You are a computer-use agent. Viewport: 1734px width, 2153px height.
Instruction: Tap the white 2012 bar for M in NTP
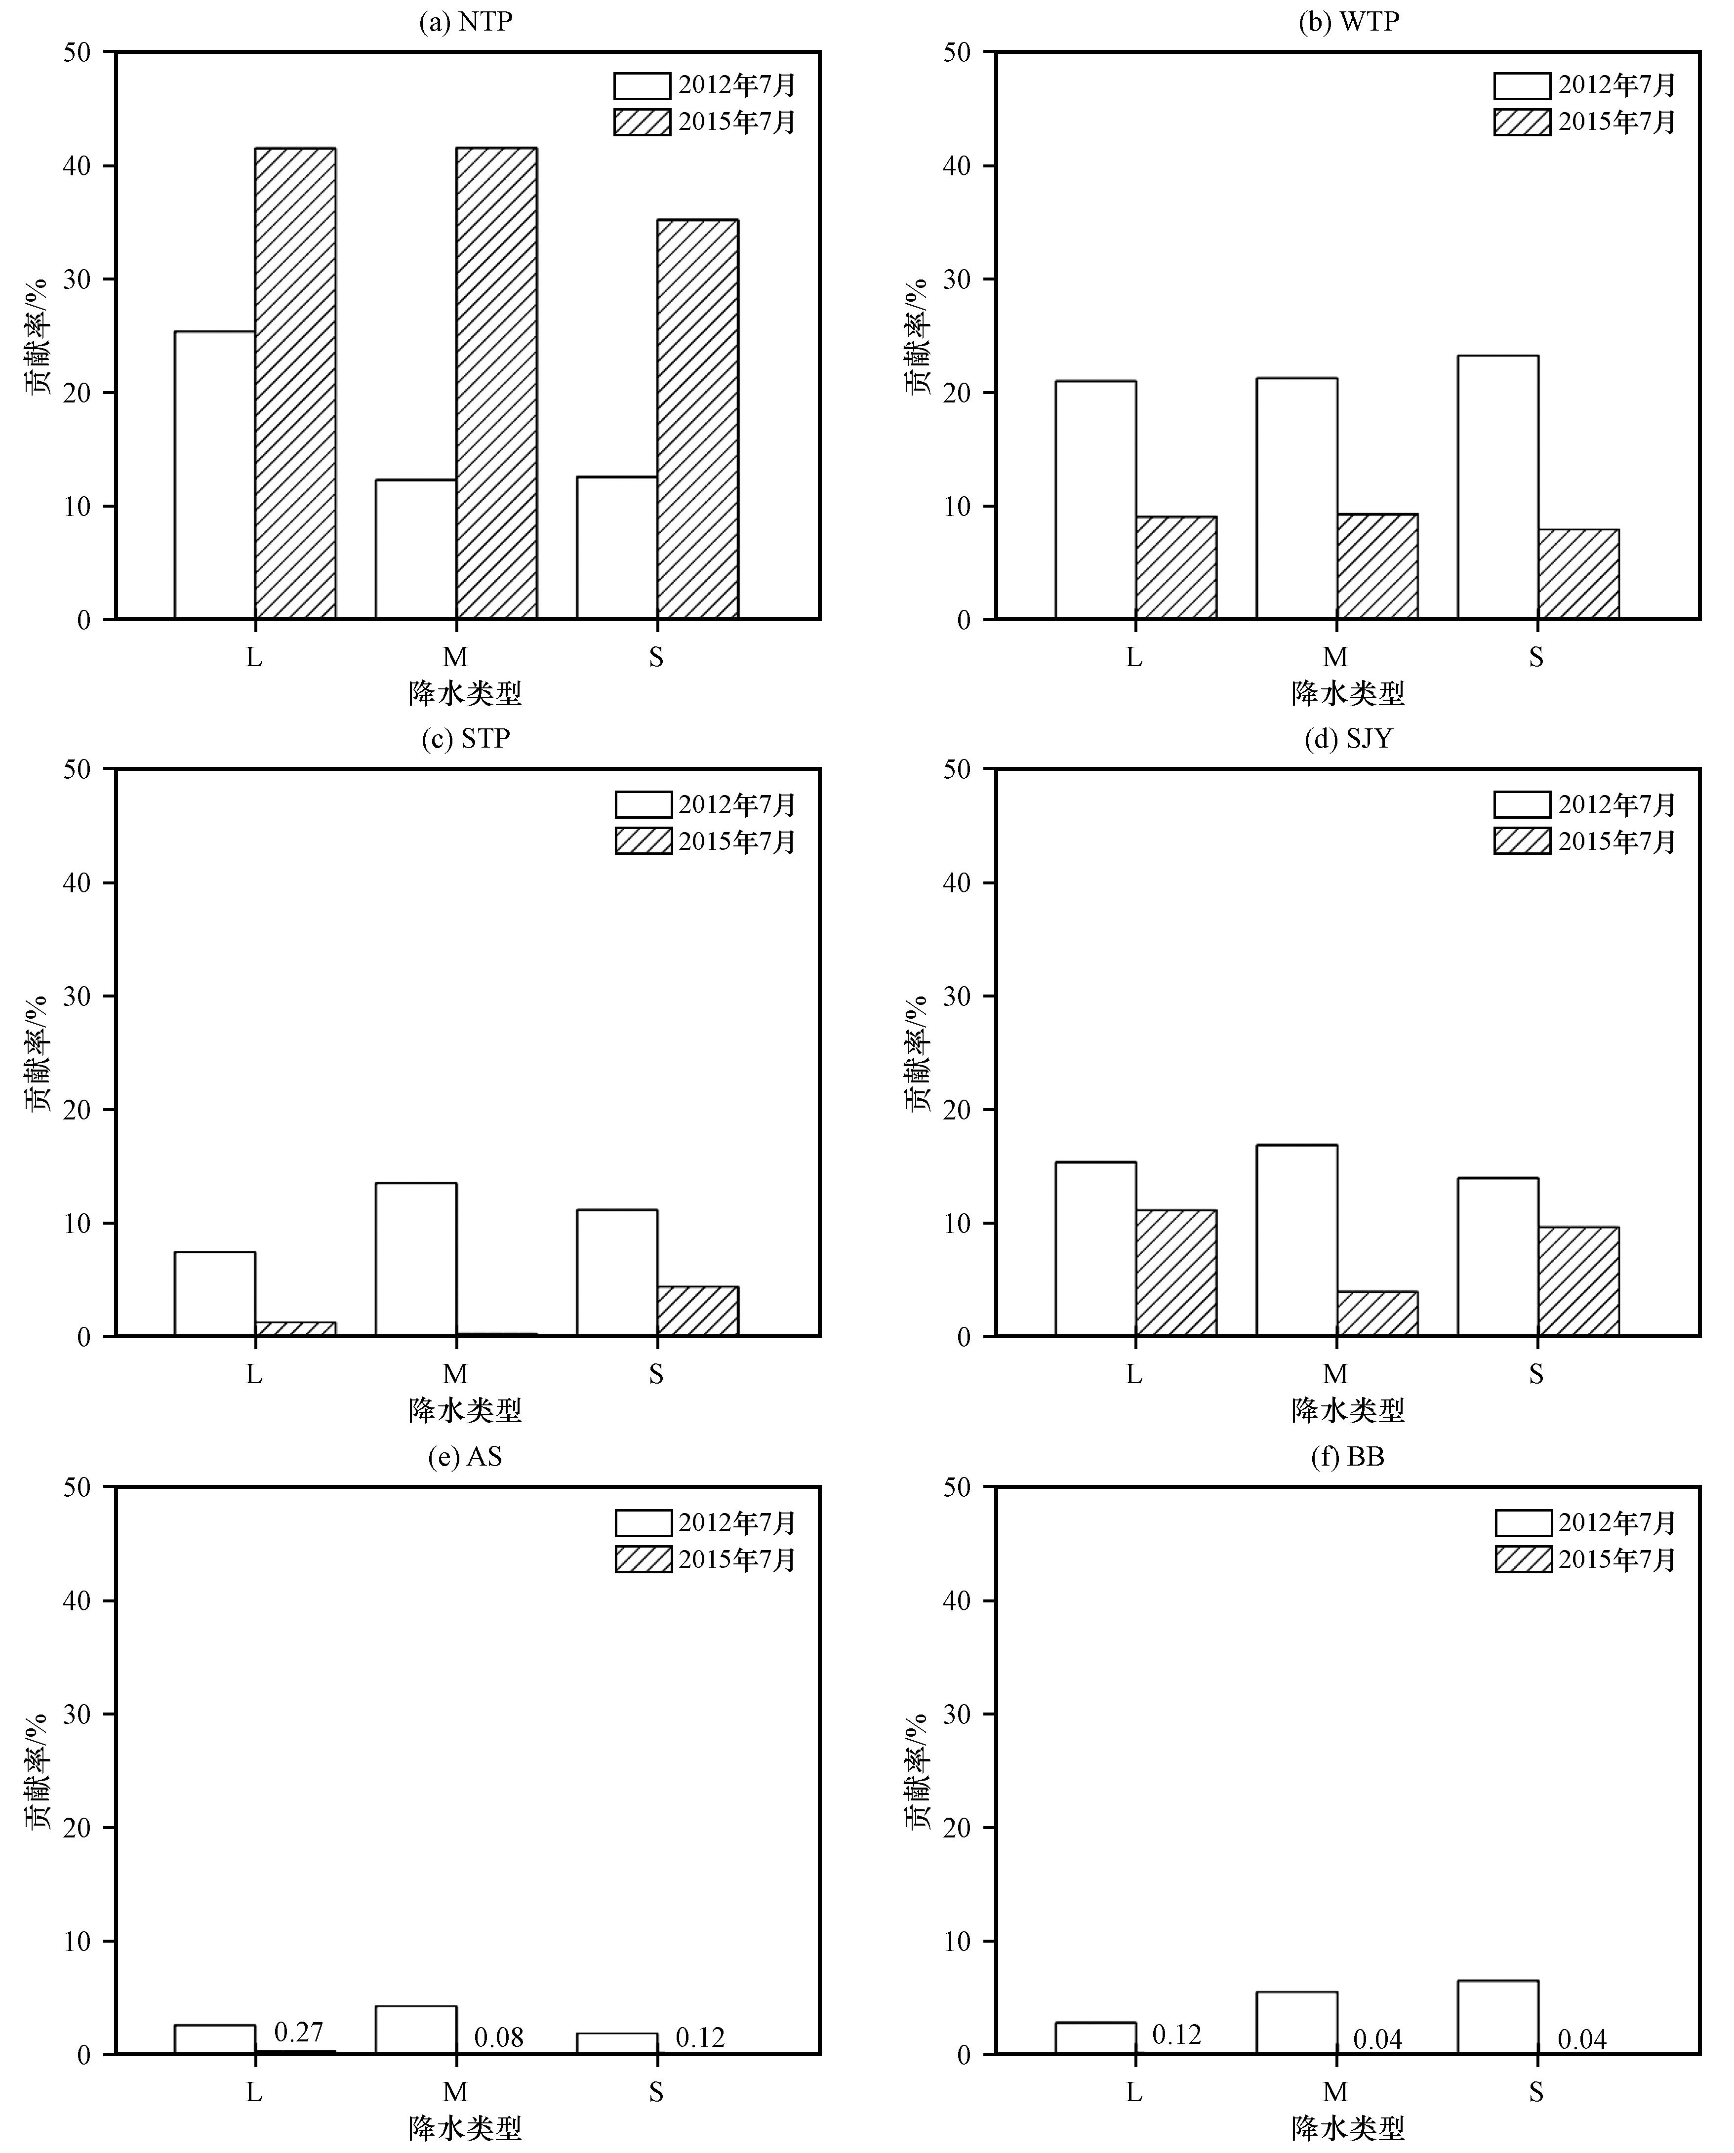click(x=415, y=549)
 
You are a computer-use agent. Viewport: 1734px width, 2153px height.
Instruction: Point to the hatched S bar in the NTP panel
click(x=697, y=419)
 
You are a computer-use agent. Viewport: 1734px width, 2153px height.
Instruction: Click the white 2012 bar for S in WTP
click(x=1497, y=487)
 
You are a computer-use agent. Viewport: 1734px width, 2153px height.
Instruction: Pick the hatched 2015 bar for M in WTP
click(x=1377, y=566)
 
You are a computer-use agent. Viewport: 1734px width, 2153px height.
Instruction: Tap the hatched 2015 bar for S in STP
click(x=697, y=1311)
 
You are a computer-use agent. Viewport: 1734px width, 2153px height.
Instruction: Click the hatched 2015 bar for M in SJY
click(x=1377, y=1314)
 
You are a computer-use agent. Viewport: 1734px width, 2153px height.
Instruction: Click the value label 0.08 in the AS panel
click(x=498, y=2037)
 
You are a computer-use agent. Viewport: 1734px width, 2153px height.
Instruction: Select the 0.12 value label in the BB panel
click(x=1176, y=2034)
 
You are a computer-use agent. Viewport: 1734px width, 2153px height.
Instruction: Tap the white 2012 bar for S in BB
click(x=1497, y=2017)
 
